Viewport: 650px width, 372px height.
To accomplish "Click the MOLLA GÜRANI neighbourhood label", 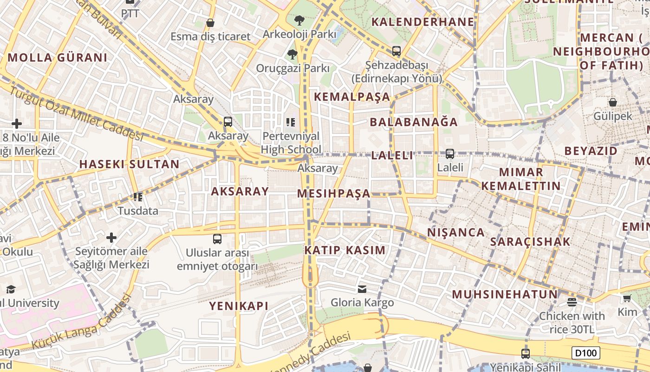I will click(58, 58).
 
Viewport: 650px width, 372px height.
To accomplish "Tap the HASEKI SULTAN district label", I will click(129, 164).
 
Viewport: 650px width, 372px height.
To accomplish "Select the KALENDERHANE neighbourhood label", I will click(422, 22).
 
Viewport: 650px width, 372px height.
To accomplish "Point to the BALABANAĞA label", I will click(414, 122).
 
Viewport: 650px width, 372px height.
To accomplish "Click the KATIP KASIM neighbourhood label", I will click(345, 250).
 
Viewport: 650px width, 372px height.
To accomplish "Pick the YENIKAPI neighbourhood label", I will click(239, 306).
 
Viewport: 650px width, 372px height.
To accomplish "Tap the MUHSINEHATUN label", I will click(505, 294).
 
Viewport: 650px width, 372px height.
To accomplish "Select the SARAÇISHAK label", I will click(530, 242).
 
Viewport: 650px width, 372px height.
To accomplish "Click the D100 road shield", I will click(585, 353).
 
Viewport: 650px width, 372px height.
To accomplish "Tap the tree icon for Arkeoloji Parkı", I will click(299, 20).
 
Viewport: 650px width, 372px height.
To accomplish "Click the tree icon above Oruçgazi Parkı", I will click(292, 54).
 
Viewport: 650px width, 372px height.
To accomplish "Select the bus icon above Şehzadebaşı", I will click(396, 51).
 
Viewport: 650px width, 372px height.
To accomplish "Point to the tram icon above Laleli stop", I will click(449, 153).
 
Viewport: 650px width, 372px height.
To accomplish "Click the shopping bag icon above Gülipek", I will click(612, 102).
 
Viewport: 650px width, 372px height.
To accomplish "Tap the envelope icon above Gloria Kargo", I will click(362, 289).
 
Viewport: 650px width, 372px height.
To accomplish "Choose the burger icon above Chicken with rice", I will click(572, 302).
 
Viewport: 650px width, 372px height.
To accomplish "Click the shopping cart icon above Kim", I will click(627, 299).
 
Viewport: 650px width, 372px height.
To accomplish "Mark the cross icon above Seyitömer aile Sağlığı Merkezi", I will click(111, 238).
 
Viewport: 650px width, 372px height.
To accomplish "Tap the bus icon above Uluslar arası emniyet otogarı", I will click(217, 239).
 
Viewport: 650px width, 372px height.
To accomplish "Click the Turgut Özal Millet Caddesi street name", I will click(77, 113).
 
